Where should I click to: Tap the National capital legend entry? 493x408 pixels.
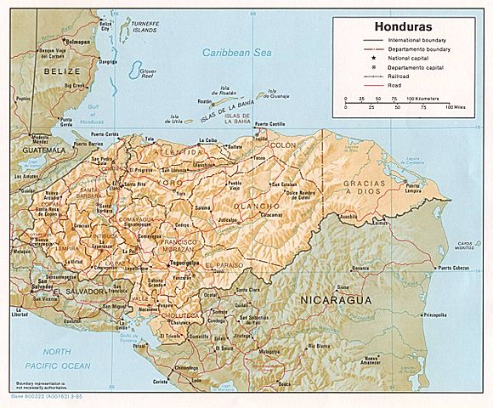pyautogui.click(x=406, y=58)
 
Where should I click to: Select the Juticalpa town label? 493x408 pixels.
pyautogui.click(x=228, y=219)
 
